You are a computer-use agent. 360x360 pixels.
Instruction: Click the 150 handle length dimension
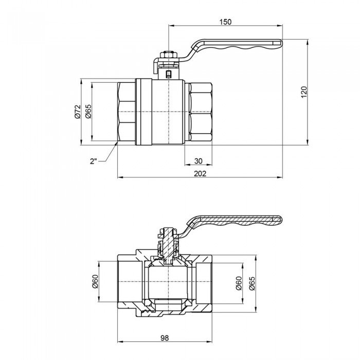click(225, 22)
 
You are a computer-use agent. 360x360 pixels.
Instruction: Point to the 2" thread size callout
click(93, 161)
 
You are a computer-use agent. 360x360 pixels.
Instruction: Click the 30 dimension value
click(198, 160)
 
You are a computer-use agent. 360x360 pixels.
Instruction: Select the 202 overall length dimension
click(200, 173)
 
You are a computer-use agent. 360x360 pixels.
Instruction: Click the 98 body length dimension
click(165, 338)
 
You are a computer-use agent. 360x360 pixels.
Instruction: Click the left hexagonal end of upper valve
click(127, 112)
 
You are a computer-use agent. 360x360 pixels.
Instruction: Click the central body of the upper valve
click(168, 112)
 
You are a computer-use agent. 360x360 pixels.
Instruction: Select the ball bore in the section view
click(169, 283)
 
